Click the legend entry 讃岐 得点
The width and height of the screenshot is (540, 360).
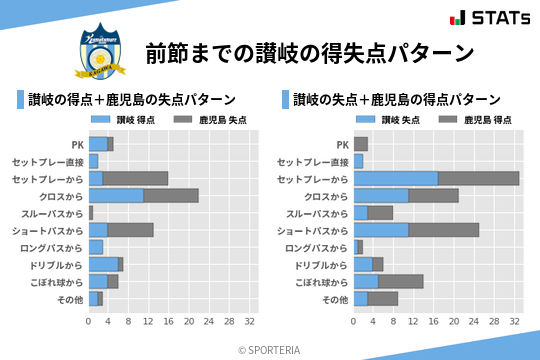tap(119, 120)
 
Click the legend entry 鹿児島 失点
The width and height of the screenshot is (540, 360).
tap(206, 120)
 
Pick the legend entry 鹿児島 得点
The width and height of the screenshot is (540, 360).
tap(470, 120)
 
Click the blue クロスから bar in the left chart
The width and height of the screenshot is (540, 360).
tap(116, 195)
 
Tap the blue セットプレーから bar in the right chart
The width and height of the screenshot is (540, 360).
tap(395, 178)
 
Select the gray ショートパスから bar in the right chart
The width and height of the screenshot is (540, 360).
tap(444, 230)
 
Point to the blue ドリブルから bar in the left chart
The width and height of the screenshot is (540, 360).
tap(103, 264)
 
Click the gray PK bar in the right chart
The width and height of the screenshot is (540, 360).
tap(361, 144)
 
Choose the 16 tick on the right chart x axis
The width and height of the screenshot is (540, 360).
tap(434, 322)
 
